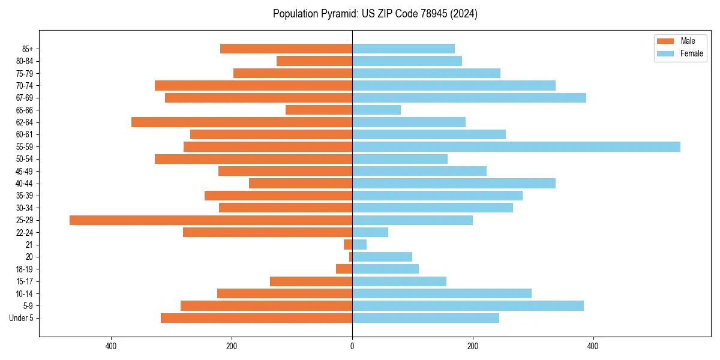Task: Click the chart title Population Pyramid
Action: click(x=375, y=14)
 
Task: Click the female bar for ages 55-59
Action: click(x=516, y=147)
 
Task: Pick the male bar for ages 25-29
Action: click(x=211, y=220)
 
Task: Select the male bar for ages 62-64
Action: click(x=242, y=122)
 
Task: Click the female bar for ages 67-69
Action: click(x=469, y=98)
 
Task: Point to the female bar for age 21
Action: click(x=359, y=245)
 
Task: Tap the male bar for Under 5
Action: click(x=256, y=318)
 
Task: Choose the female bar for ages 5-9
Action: click(x=468, y=306)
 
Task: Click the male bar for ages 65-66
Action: click(x=319, y=110)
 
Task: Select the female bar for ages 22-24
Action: click(x=370, y=232)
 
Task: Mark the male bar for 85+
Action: click(x=286, y=49)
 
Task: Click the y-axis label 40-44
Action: click(x=24, y=184)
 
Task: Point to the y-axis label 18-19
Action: click(x=24, y=269)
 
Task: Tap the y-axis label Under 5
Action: click(x=21, y=318)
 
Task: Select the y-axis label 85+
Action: click(x=27, y=49)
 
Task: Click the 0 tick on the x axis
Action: click(x=352, y=346)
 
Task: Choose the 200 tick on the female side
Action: click(x=473, y=346)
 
